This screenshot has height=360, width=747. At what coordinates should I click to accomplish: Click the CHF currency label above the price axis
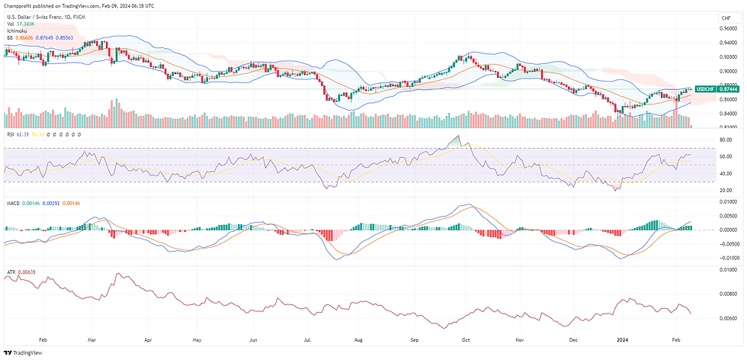click(x=714, y=18)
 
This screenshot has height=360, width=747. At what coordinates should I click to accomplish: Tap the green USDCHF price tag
click(x=706, y=89)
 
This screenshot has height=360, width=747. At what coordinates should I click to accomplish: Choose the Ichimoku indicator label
click(x=18, y=31)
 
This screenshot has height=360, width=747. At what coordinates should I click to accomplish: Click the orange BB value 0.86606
click(x=26, y=37)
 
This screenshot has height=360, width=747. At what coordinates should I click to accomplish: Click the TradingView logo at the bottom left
click(x=24, y=352)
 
